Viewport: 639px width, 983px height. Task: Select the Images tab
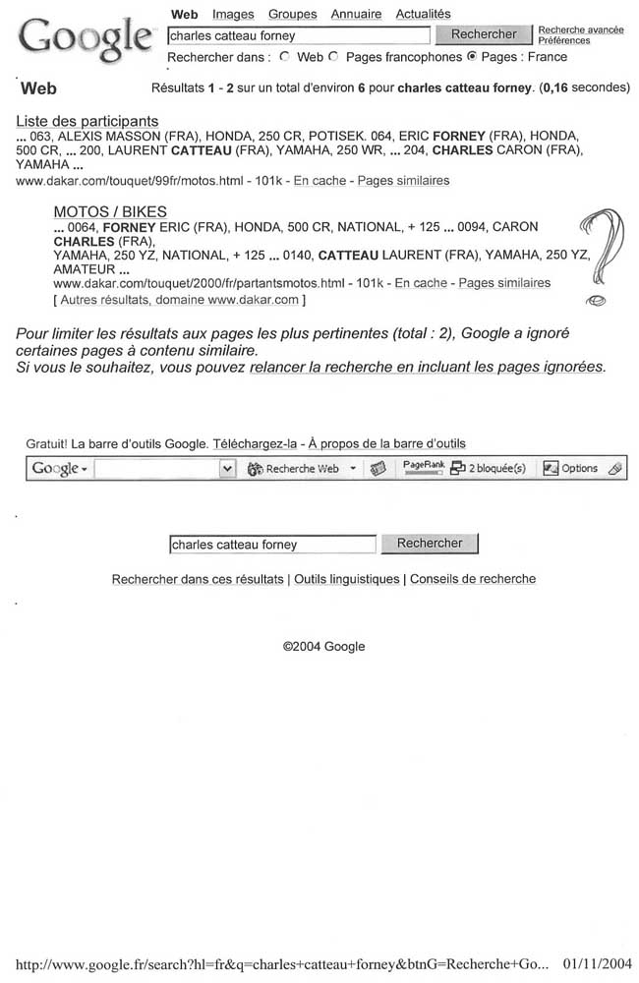click(x=233, y=14)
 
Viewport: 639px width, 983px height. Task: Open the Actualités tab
click(x=423, y=14)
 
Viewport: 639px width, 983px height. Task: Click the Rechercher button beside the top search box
click(x=483, y=34)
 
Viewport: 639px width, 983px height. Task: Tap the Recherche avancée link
click(x=581, y=29)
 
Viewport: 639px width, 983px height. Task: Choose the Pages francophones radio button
click(x=334, y=57)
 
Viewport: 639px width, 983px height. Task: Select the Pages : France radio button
click(x=472, y=57)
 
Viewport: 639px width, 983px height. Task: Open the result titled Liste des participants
click(x=87, y=121)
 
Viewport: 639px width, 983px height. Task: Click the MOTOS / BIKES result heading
click(x=110, y=211)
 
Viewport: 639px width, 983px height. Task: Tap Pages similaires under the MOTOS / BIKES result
click(x=504, y=283)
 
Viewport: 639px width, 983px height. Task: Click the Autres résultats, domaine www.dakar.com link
click(x=179, y=300)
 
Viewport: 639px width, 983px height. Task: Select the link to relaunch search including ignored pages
click(x=428, y=368)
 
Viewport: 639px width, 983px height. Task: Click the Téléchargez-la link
click(x=255, y=443)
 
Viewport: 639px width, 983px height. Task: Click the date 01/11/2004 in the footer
click(x=599, y=964)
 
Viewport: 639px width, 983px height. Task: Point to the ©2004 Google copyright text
click(x=323, y=646)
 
